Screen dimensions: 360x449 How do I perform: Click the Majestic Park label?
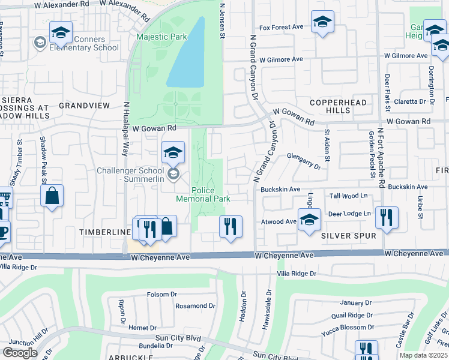coord(161,37)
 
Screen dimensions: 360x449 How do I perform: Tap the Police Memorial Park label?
coord(203,194)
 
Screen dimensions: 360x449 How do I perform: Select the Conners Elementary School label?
coord(83,44)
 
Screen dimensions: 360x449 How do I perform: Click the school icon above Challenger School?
coord(172,152)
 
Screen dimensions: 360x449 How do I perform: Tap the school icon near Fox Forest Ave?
coord(322,22)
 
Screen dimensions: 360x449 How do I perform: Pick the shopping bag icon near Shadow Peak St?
coord(52,196)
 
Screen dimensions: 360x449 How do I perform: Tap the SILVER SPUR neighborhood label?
coord(348,236)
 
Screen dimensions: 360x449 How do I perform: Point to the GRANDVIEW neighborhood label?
coord(85,106)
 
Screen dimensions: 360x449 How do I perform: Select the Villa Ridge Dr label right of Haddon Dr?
coord(295,274)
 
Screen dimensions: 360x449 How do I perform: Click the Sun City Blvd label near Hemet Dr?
coord(178,338)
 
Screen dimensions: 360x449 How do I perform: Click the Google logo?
coord(20,353)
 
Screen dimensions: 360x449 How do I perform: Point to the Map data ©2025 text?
coord(424,355)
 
